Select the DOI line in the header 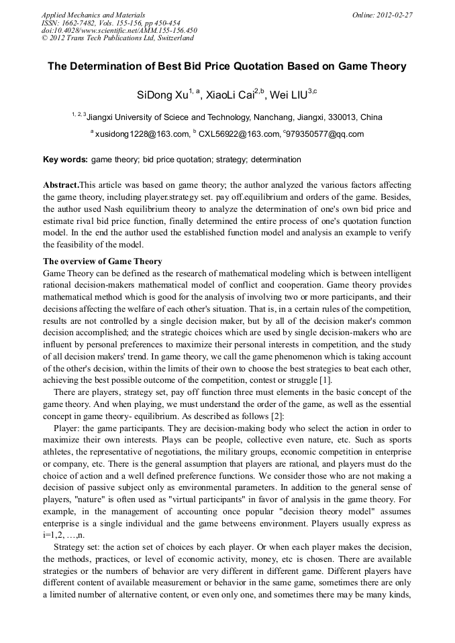119,30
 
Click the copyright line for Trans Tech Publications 117,38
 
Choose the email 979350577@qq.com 325,134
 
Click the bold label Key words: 65,160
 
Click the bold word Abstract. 60,184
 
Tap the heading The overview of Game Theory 102,261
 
